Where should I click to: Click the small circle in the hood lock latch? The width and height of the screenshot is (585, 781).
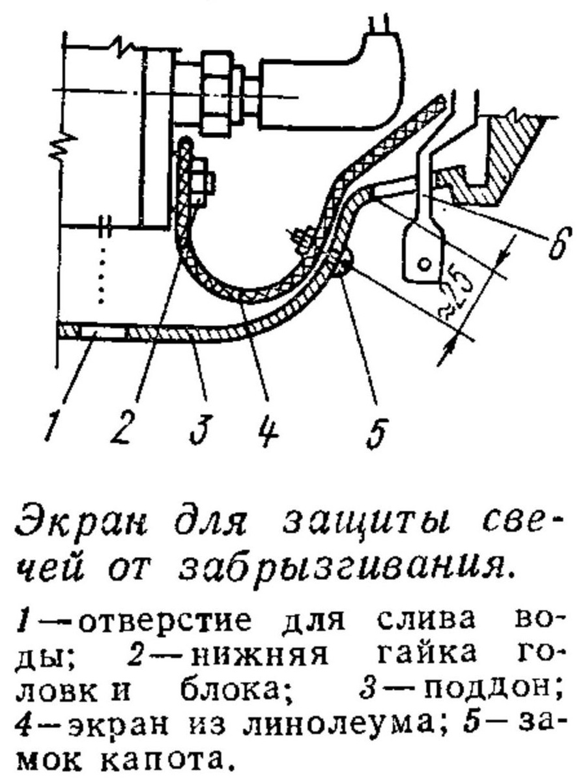click(424, 264)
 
